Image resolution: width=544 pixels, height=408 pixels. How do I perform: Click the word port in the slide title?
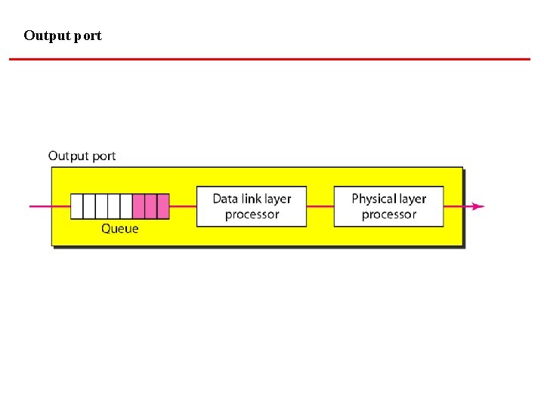[88, 36]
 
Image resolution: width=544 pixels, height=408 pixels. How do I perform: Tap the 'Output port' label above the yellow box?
[82, 156]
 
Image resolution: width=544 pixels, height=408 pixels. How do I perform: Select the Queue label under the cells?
[120, 228]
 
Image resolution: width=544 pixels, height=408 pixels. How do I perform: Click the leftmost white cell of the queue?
[76, 206]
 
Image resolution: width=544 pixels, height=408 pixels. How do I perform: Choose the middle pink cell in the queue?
[150, 206]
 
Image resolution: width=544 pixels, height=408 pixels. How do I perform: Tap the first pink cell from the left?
[138, 206]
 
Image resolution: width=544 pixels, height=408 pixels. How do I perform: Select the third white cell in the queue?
[101, 206]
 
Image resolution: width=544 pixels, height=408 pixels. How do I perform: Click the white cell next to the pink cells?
[126, 206]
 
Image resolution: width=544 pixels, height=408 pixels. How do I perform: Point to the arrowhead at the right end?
[478, 206]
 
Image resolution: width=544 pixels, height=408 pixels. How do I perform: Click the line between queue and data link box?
[183, 206]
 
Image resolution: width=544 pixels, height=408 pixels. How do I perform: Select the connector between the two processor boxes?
[320, 206]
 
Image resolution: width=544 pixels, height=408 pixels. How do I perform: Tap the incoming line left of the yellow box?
[40, 206]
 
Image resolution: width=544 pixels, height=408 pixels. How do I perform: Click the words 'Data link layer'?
[252, 199]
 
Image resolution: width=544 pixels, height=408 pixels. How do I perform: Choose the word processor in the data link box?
[252, 215]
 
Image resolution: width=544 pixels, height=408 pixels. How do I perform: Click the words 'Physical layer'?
[388, 199]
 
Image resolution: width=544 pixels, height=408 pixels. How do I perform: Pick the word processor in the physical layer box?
[388, 215]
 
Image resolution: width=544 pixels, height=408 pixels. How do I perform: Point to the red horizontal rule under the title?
[270, 59]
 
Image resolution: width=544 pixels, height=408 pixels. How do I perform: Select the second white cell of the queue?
[89, 206]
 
